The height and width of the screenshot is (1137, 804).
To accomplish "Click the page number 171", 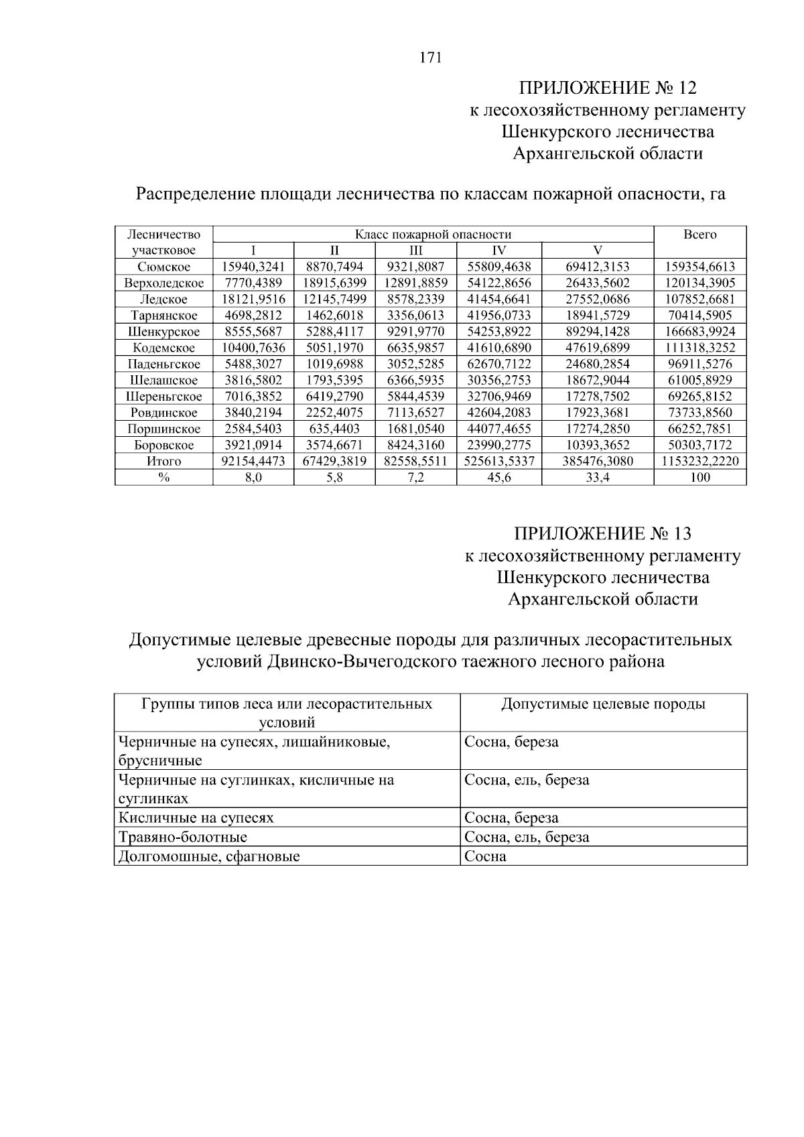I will (x=430, y=58).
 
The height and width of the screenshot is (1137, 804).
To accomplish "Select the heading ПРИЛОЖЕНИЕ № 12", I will (x=608, y=88).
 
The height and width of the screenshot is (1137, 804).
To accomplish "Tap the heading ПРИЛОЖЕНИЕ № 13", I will (x=602, y=533).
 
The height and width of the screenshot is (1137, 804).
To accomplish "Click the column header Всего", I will (x=699, y=235).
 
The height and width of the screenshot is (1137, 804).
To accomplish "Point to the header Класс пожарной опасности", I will (x=433, y=235).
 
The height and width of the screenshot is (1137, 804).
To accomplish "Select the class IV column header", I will (x=498, y=251).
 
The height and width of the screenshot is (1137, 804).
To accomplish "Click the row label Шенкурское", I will (x=163, y=332).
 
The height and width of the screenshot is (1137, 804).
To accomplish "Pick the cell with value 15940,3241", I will (x=253, y=267).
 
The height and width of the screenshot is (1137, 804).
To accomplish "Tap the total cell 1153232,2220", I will (x=699, y=462).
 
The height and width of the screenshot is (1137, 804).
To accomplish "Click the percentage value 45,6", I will (x=498, y=478).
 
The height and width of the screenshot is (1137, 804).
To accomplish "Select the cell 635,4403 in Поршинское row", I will (x=334, y=429).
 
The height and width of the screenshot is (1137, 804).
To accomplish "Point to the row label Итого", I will (x=163, y=462).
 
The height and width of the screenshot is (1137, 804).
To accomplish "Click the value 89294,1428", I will (x=598, y=332).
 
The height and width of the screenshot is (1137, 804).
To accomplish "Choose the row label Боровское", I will (x=163, y=446).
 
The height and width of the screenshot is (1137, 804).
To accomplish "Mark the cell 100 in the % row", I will (x=699, y=478).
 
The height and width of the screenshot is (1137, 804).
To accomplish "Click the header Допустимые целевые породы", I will (x=603, y=704).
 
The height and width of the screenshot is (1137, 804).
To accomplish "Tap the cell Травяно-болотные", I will (x=183, y=837).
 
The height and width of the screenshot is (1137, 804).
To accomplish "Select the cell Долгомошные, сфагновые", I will (x=209, y=856).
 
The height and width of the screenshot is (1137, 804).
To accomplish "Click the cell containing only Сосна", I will (x=485, y=856).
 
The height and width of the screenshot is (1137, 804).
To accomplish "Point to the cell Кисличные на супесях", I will (x=196, y=818).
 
